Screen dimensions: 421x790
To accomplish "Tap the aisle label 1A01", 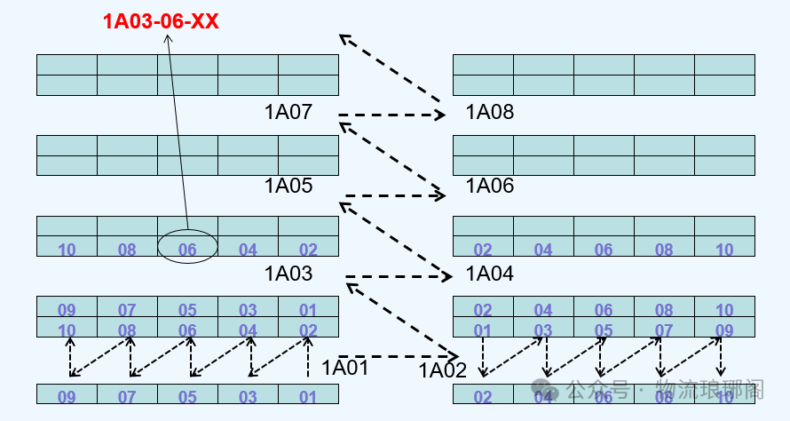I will pyautogui.click(x=344, y=367).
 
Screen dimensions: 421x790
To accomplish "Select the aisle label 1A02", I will pyautogui.click(x=443, y=370).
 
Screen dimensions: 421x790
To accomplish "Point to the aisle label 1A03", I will pyautogui.click(x=288, y=274).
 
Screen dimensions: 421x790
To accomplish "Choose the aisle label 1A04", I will pyautogui.click(x=489, y=274).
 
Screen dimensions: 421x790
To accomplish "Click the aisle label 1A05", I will pyautogui.click(x=288, y=186).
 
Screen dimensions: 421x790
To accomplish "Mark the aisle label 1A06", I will pyautogui.click(x=489, y=186).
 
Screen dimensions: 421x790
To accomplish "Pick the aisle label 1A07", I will pyautogui.click(x=288, y=113).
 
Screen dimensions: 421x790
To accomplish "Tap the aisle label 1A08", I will pyautogui.click(x=489, y=113).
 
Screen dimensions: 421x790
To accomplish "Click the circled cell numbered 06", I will pyautogui.click(x=187, y=250).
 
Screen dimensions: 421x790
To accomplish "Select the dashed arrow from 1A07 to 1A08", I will pyautogui.click(x=391, y=115).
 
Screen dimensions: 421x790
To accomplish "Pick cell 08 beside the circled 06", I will pyautogui.click(x=127, y=250).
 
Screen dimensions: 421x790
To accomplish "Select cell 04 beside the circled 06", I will pyautogui.click(x=248, y=250).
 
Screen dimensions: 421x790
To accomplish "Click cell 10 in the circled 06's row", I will pyautogui.click(x=67, y=250).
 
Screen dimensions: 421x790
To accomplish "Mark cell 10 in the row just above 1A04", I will pyautogui.click(x=724, y=250).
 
